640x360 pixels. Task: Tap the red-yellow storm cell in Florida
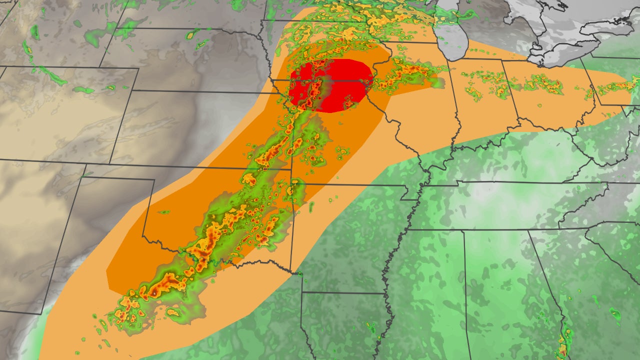pos(563,342)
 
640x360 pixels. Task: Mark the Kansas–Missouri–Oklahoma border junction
pos(292,169)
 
